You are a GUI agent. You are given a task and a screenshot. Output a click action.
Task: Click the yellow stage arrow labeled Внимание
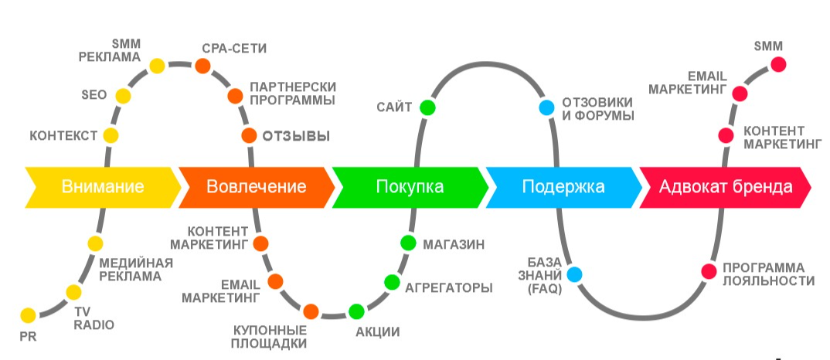tap(103, 186)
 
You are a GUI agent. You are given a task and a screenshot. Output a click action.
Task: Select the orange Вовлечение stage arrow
tap(256, 186)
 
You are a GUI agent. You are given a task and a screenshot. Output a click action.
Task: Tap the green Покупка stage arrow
tap(410, 186)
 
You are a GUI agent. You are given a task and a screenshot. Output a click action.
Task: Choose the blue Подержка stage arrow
tap(563, 186)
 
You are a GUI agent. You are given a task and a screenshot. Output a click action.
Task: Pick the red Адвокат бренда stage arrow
tap(725, 186)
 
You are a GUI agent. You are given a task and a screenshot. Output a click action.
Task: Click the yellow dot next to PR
tap(28, 314)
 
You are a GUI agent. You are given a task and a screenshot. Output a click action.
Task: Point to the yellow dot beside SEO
tap(123, 96)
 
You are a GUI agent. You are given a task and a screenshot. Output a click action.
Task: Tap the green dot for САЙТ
tap(427, 107)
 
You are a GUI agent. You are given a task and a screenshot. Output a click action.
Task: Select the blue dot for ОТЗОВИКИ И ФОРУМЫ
tap(546, 108)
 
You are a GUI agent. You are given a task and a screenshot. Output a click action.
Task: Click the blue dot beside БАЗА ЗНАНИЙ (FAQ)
tap(574, 273)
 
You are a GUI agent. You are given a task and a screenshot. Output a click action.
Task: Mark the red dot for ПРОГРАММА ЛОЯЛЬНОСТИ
tap(708, 271)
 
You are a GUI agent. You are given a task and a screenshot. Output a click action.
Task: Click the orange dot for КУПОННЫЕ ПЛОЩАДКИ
tap(311, 311)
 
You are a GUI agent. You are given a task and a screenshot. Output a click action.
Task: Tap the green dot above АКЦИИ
tap(356, 311)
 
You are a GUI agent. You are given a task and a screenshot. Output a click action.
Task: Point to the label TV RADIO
tap(94, 318)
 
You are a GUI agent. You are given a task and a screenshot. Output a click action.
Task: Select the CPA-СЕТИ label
tap(234, 48)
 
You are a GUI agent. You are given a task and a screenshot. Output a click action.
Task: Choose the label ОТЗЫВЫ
tap(297, 137)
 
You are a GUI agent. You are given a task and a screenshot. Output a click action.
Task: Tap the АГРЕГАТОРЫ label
tap(449, 287)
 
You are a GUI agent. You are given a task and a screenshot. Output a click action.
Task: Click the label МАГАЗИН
tap(454, 244)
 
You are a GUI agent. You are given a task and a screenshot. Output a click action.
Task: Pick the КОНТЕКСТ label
tap(63, 137)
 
